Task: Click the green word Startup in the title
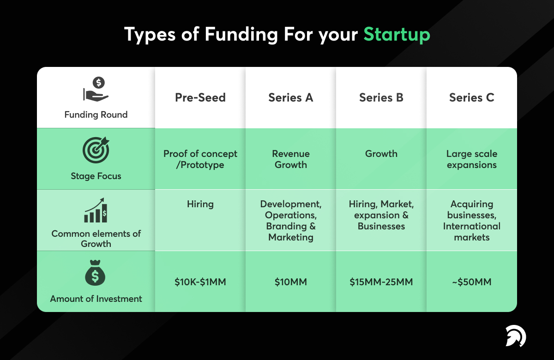click(x=397, y=35)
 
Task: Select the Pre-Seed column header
click(x=200, y=97)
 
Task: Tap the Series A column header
click(x=290, y=97)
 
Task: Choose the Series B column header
click(x=381, y=97)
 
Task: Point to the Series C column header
click(x=471, y=97)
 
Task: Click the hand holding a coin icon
click(x=96, y=90)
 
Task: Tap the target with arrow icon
click(x=96, y=150)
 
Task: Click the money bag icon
click(x=96, y=273)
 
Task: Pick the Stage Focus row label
click(x=96, y=176)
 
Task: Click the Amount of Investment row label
click(x=96, y=299)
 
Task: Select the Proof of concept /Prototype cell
click(x=200, y=159)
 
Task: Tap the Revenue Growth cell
click(x=290, y=159)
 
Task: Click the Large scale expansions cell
click(x=471, y=159)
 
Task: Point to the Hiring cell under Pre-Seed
click(x=200, y=204)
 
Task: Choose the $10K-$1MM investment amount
click(x=200, y=282)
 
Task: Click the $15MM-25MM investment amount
click(x=381, y=282)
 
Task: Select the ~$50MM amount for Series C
click(x=471, y=282)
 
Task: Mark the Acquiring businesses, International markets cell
click(x=471, y=221)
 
